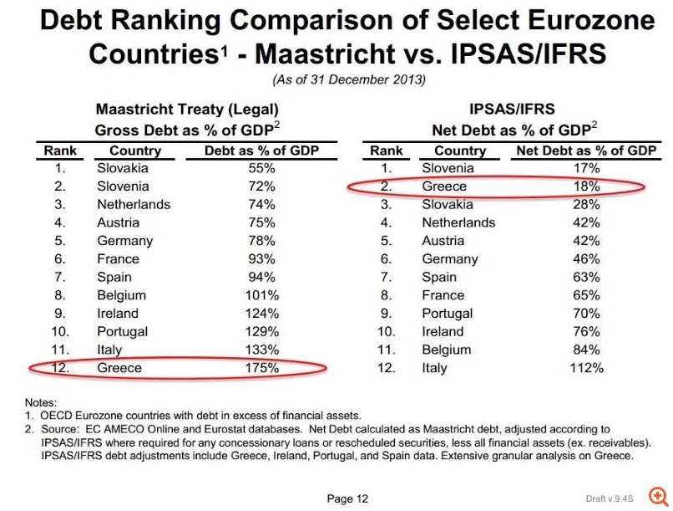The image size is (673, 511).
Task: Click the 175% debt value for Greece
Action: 262,367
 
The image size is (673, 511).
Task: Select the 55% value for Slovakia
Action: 262,168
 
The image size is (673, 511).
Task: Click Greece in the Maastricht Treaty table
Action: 119,367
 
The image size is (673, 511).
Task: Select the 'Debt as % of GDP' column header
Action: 262,151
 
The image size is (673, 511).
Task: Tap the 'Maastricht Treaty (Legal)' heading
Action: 187,110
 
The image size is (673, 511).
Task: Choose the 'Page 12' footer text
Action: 347,499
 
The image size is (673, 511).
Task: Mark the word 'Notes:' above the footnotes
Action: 42,402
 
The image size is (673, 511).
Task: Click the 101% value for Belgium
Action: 262,295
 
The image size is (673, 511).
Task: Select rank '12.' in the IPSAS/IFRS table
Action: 386,368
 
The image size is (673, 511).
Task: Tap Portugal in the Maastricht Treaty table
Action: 122,331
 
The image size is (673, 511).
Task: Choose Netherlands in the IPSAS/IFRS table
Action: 458,222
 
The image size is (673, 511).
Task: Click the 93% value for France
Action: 262,258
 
